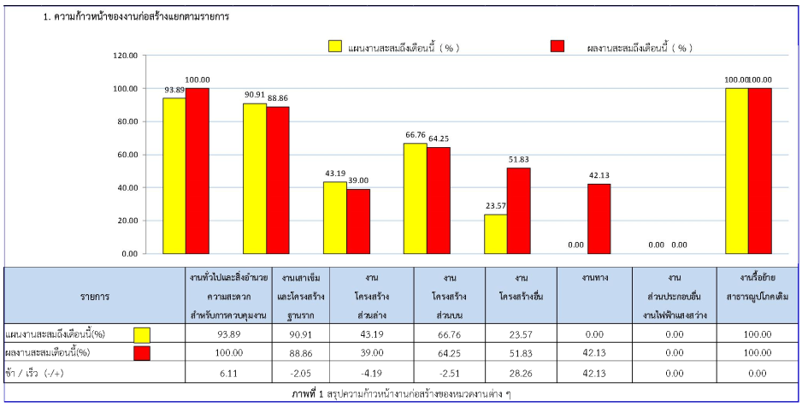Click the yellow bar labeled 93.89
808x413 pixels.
[174, 175]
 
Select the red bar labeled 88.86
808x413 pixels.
[278, 180]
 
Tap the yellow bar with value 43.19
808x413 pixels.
[334, 217]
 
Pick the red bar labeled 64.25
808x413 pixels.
[439, 200]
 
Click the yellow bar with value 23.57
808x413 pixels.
[495, 233]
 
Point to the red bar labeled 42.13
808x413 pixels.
[599, 219]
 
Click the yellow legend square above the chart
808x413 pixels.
[335, 47]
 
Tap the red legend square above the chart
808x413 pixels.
[558, 47]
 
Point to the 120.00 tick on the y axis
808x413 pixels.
[125, 56]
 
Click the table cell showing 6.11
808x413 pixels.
[228, 373]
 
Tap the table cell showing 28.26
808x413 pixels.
[520, 373]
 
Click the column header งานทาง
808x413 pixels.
[594, 279]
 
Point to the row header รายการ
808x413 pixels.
[94, 296]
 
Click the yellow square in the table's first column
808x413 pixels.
[142, 334]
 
